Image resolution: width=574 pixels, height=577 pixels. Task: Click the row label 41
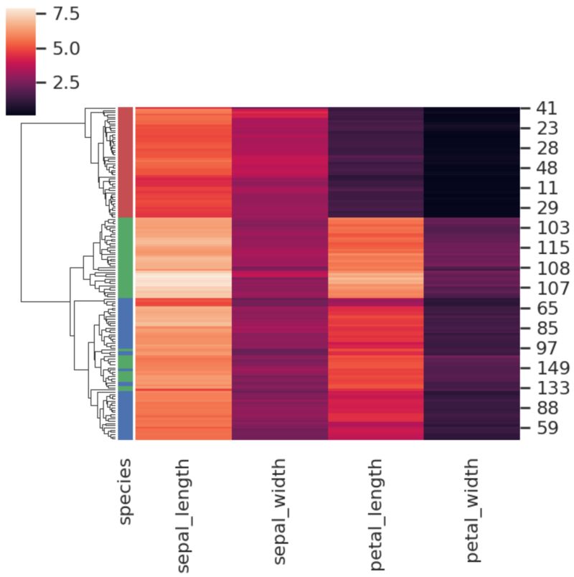tap(542, 110)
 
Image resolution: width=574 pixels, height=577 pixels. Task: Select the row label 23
tap(542, 131)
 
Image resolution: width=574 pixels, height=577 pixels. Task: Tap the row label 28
tap(542, 149)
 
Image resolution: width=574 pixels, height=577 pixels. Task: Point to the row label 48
tap(542, 169)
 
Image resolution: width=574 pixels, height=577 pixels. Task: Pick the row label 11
tap(542, 189)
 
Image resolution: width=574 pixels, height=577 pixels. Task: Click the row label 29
tap(542, 209)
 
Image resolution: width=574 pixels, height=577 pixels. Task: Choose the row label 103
tap(548, 229)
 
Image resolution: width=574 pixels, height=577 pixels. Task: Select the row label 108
tap(548, 268)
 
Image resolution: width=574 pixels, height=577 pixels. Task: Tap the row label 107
tap(548, 288)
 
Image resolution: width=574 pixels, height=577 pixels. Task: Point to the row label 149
tap(548, 368)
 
